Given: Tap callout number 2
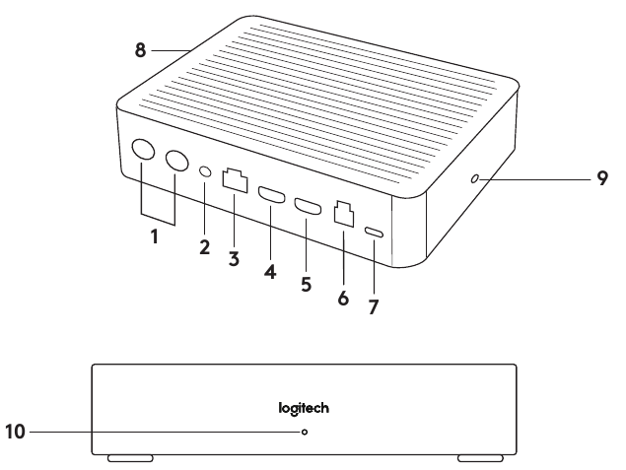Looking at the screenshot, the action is (x=204, y=248).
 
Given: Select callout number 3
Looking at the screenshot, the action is (x=234, y=258).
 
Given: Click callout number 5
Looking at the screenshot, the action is (x=307, y=285).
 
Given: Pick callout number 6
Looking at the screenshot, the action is (x=343, y=297).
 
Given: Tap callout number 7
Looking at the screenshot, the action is (x=374, y=306).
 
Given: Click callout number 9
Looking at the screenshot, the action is (x=601, y=180).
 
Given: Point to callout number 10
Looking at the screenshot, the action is (x=18, y=431).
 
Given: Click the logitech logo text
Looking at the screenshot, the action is (x=304, y=405).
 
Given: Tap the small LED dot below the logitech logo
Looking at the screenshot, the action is (x=304, y=431).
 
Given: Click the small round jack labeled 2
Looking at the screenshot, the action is (x=205, y=170).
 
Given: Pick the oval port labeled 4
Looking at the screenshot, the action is (x=268, y=194).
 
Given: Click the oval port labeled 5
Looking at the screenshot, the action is (x=306, y=207).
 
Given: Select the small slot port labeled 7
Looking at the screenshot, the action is (x=373, y=233).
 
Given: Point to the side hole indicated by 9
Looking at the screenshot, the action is (x=475, y=180).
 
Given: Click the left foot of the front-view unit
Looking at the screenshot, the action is (x=129, y=458).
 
